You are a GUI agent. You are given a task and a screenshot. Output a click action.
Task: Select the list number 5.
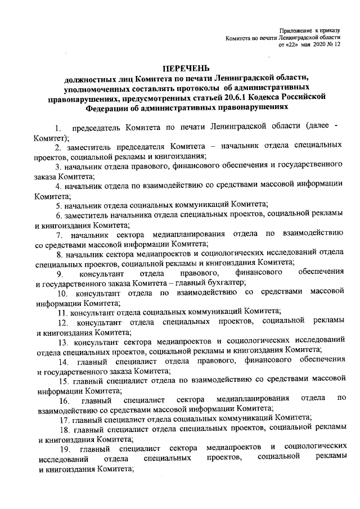click(58, 205)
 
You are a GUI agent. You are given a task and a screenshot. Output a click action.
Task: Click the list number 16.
click(64, 400)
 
